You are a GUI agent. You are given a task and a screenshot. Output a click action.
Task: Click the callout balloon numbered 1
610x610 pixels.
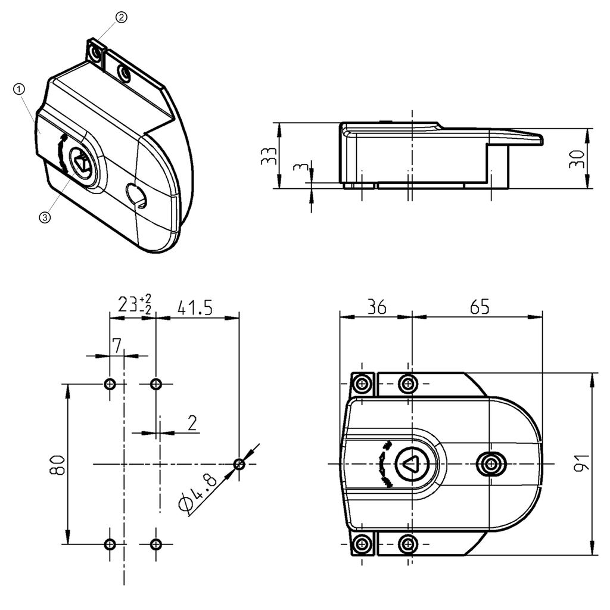(19, 89)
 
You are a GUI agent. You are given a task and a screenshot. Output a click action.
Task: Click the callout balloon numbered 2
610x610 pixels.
(121, 17)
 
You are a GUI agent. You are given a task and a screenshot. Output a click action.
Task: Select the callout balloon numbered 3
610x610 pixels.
(45, 217)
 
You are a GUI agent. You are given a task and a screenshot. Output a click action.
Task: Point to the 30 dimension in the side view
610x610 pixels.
(577, 158)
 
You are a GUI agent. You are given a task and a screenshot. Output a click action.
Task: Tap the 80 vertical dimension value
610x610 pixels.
(57, 464)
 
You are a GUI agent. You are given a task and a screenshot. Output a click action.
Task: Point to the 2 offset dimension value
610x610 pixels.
(192, 422)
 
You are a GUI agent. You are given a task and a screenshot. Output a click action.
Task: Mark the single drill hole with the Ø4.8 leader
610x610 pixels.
(239, 463)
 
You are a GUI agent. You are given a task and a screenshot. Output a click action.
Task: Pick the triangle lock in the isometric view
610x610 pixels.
(80, 160)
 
